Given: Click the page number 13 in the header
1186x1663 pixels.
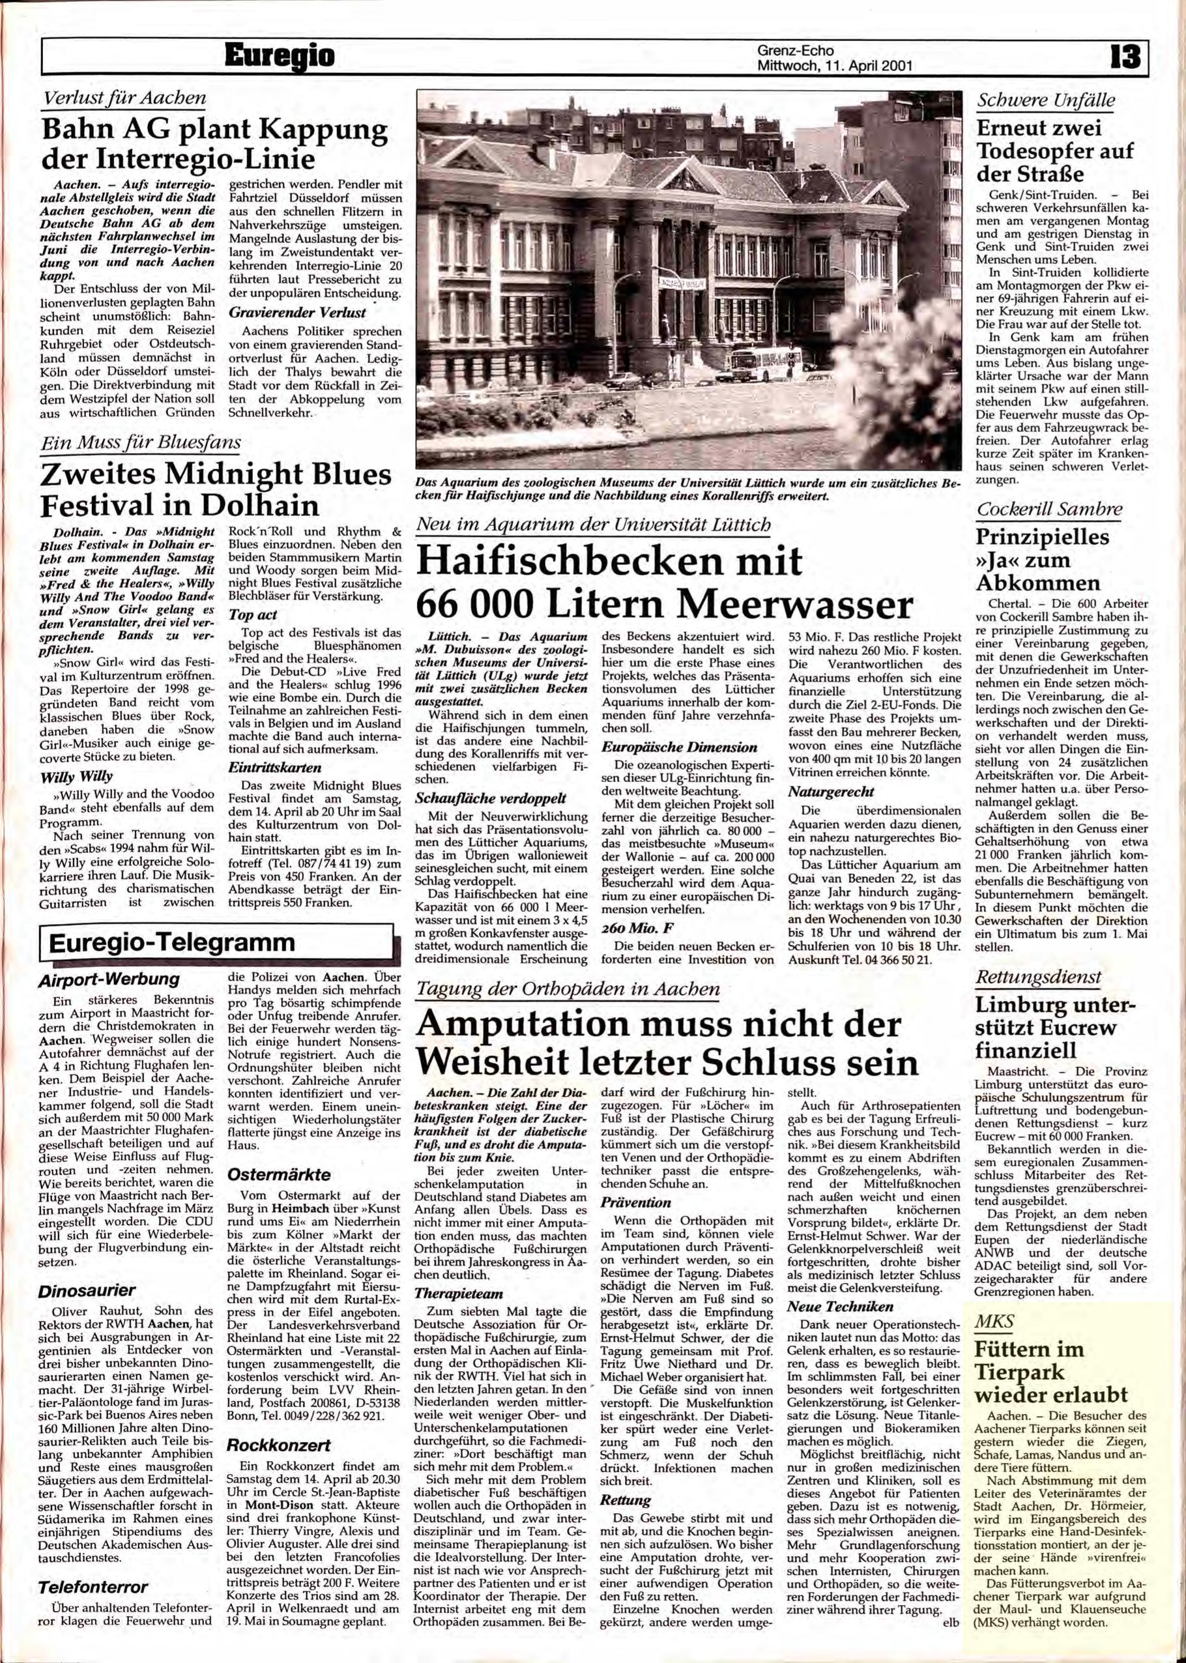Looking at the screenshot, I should (x=1125, y=57).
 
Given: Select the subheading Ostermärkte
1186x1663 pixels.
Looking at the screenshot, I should (x=278, y=1175).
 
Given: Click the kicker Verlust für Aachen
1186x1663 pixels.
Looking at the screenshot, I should (x=125, y=98).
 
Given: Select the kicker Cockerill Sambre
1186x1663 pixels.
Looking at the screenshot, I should (x=1049, y=510).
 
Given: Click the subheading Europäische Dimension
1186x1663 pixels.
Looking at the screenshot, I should (x=679, y=747).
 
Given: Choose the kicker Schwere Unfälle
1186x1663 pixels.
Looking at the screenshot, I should (x=1046, y=101).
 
